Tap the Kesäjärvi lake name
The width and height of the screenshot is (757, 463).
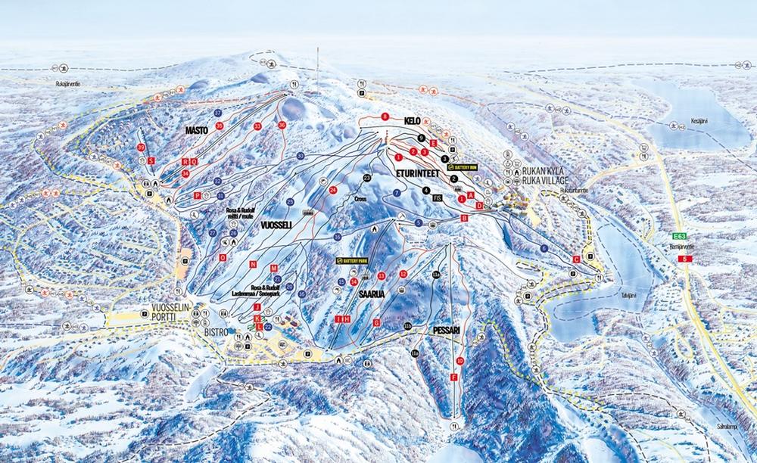(x=698, y=120)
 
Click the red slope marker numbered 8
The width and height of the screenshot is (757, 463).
(x=385, y=117)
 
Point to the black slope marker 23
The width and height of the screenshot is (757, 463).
(x=367, y=177)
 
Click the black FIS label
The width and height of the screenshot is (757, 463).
(x=436, y=197)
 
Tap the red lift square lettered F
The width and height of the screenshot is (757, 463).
(x=454, y=376)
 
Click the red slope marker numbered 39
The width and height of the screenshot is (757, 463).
(x=141, y=147)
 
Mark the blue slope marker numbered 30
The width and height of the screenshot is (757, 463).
(x=301, y=155)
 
